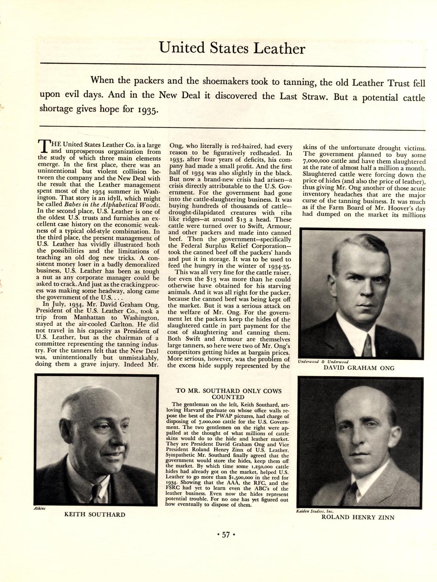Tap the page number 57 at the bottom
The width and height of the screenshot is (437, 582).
pos(226,535)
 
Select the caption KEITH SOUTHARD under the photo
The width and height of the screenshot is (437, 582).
pos(95,514)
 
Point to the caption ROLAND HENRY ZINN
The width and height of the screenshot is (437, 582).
pos(358,517)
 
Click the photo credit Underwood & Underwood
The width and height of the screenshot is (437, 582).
pos(323,362)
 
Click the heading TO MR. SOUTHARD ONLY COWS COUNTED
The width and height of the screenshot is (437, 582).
pos(228,394)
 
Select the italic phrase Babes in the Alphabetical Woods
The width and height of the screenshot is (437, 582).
pos(111,205)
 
